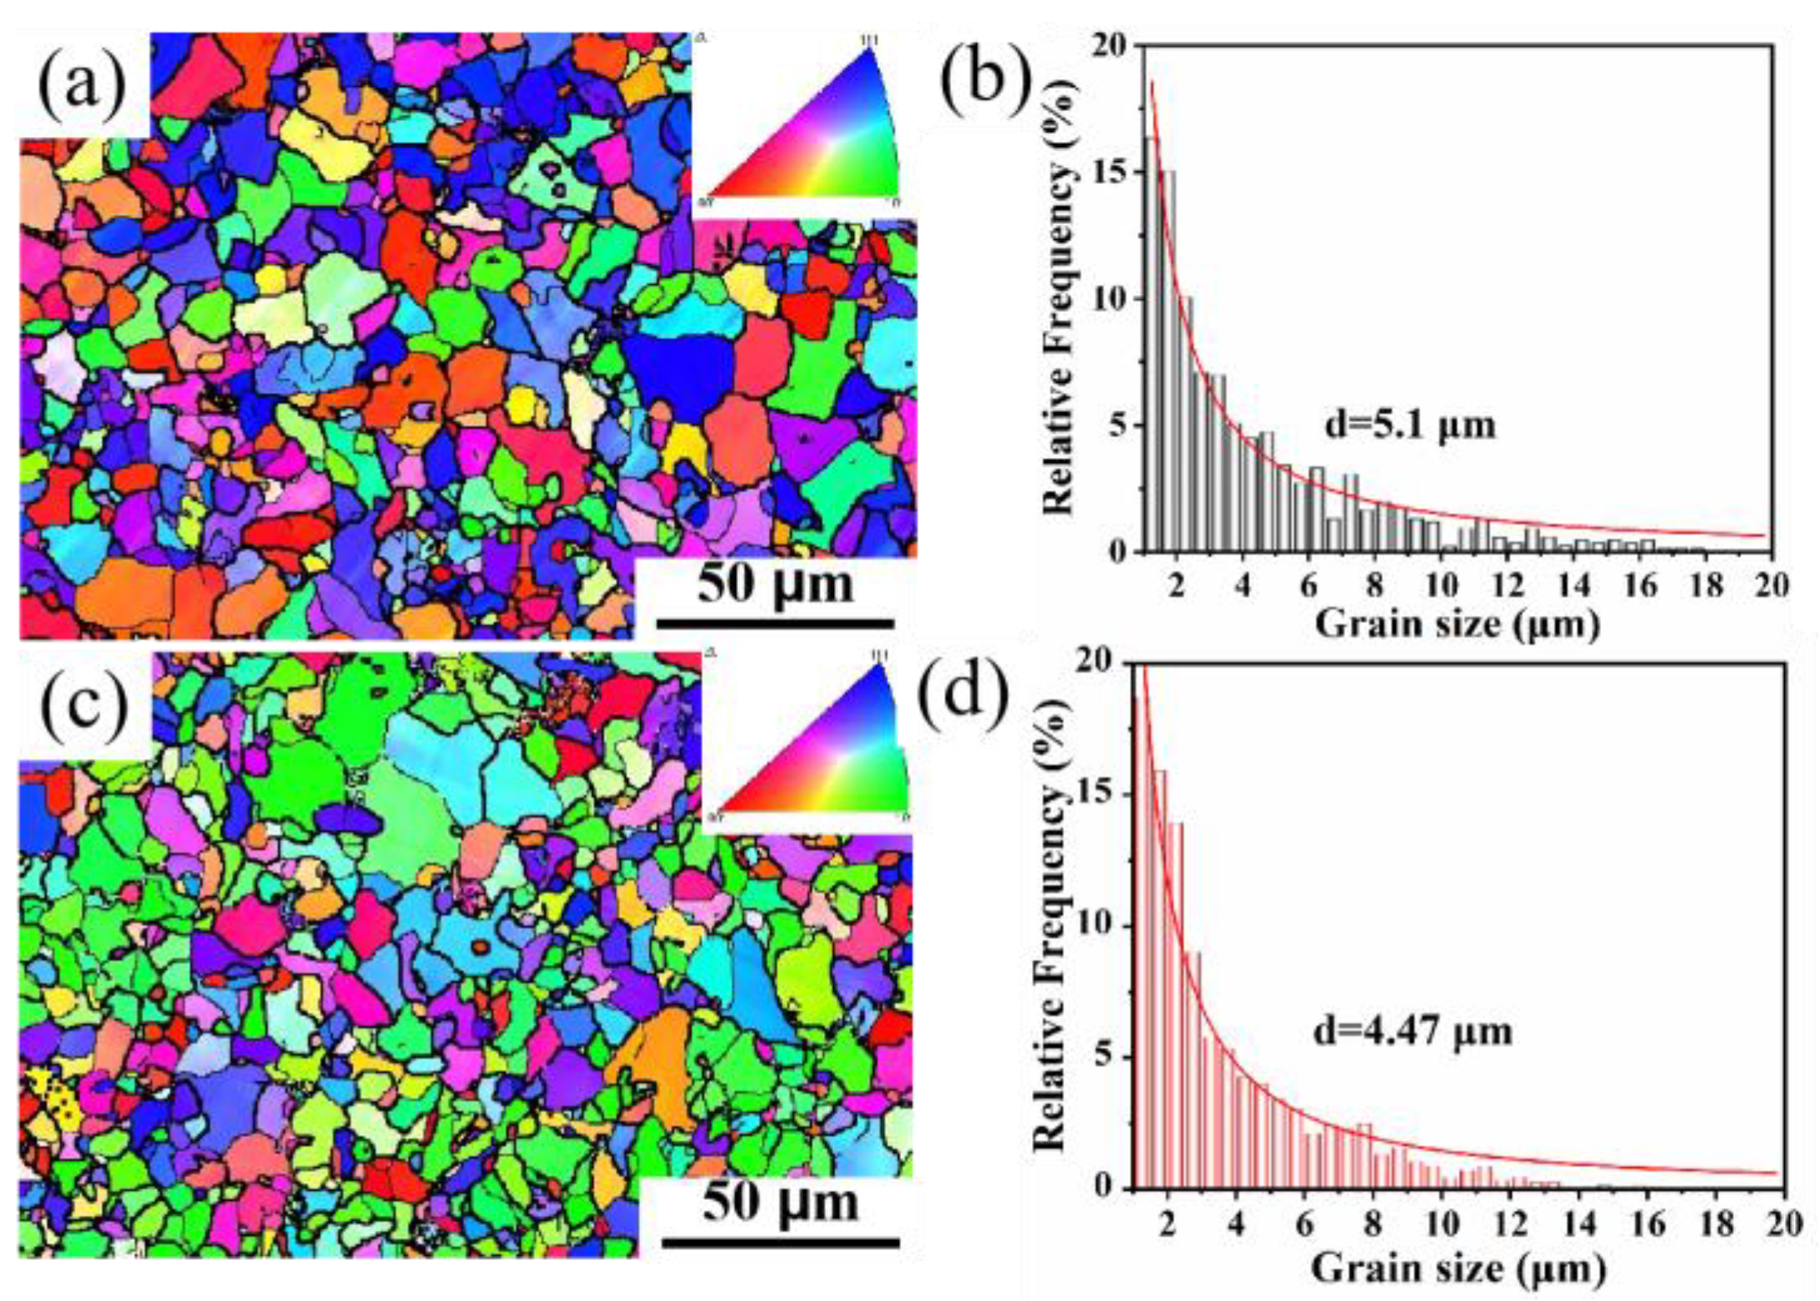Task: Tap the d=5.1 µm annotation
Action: click(1410, 425)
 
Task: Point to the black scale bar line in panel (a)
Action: click(775, 623)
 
